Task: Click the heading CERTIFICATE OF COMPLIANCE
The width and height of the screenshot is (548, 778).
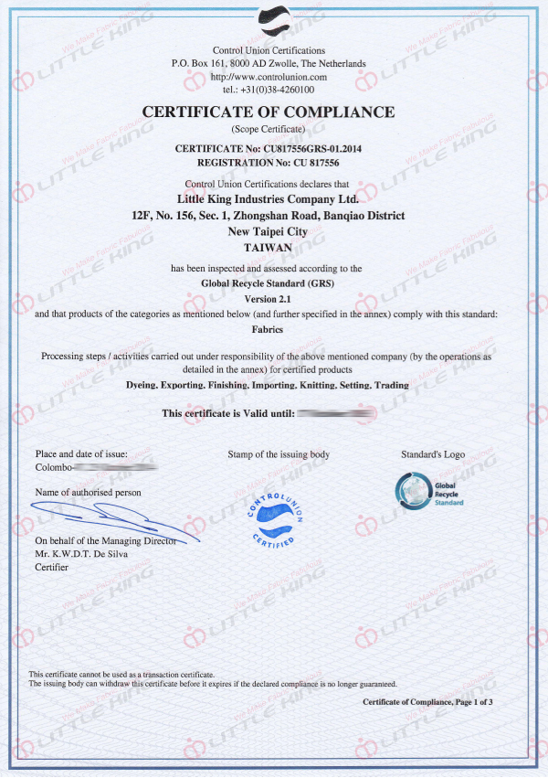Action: coord(269,112)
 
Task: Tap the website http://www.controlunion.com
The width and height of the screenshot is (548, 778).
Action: coord(269,77)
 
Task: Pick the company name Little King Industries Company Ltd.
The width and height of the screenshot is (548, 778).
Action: coord(268,197)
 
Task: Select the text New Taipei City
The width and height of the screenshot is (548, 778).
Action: coord(268,231)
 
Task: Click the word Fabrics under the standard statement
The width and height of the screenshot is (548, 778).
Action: coord(268,329)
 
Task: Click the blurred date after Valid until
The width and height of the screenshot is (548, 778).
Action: coord(337,414)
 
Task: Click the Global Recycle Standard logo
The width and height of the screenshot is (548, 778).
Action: coord(430,491)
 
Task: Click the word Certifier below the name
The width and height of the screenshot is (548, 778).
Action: coord(51,567)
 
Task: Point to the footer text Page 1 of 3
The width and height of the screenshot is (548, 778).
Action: coord(470,702)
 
